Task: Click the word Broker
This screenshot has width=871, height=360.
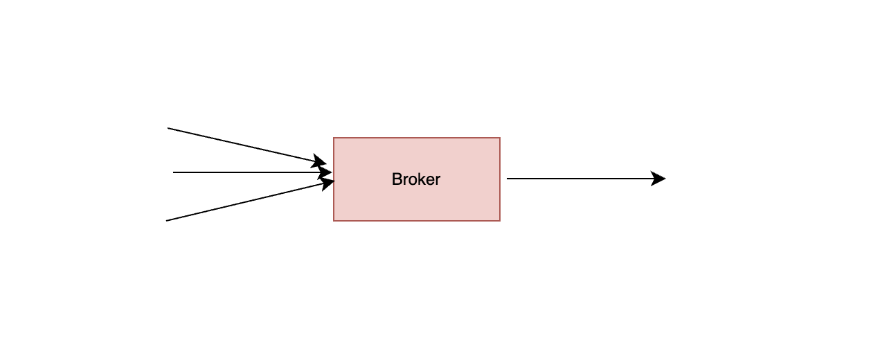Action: pyautogui.click(x=416, y=179)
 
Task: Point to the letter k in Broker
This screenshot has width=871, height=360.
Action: pyautogui.click(x=419, y=179)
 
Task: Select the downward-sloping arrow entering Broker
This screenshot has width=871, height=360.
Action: pyautogui.click(x=242, y=145)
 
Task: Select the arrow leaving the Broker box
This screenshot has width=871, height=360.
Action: pyautogui.click(x=582, y=179)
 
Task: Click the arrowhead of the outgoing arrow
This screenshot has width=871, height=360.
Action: pyautogui.click(x=659, y=179)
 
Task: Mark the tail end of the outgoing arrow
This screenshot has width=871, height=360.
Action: pyautogui.click(x=508, y=179)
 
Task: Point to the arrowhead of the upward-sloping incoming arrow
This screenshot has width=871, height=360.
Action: pyautogui.click(x=327, y=183)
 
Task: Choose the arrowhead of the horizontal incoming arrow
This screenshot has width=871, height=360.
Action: pyautogui.click(x=325, y=172)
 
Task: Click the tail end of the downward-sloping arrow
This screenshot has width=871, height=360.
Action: pyautogui.click(x=168, y=128)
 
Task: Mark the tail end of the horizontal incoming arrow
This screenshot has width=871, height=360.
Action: pyautogui.click(x=174, y=172)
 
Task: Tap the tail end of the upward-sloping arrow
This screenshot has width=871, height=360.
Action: pyautogui.click(x=167, y=221)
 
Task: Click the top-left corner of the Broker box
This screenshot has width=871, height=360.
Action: pyautogui.click(x=334, y=138)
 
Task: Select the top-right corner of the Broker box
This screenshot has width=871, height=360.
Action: pyautogui.click(x=500, y=138)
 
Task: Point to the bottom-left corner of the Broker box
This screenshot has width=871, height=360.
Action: pyautogui.click(x=334, y=221)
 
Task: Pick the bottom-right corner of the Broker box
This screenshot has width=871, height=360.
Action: pyautogui.click(x=500, y=221)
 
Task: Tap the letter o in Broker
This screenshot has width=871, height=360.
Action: pyautogui.click(x=411, y=181)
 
